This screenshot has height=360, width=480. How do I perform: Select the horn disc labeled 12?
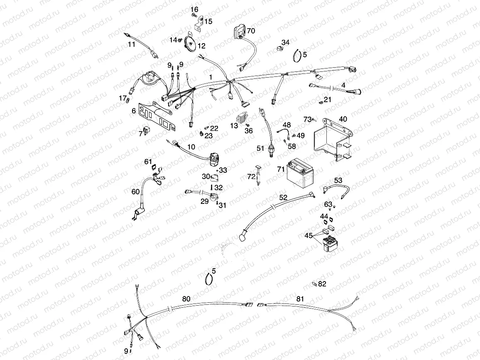[x=191, y=42]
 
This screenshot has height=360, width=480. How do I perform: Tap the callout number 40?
[x=343, y=119]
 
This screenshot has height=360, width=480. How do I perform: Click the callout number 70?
[x=251, y=31]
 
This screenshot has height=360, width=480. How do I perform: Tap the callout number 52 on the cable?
[x=283, y=198]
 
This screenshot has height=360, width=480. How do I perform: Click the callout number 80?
[x=186, y=299]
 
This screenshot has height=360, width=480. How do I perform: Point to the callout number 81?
[x=300, y=299]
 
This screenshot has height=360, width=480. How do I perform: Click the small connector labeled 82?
[x=315, y=284]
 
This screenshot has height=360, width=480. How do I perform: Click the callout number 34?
[x=286, y=43]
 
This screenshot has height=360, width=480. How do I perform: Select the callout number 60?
[x=136, y=191]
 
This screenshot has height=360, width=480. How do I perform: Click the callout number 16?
[x=195, y=10]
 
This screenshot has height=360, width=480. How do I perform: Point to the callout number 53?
[x=338, y=180]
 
